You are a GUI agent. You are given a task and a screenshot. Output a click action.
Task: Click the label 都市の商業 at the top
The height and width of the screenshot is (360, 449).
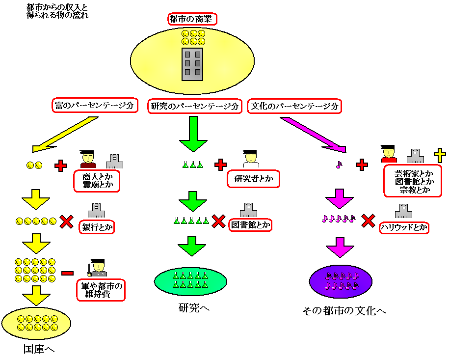point(192,19)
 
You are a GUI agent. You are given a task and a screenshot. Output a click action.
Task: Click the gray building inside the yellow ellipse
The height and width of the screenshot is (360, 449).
point(192,64)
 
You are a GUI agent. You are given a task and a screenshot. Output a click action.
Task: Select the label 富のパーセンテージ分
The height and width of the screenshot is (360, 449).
point(94,106)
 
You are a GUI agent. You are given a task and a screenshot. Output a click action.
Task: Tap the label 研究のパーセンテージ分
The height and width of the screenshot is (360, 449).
point(195,106)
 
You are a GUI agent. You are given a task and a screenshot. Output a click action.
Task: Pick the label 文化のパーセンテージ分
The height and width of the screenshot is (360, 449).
point(295,106)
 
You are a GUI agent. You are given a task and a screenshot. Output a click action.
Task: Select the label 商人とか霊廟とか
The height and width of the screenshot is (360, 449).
point(97,181)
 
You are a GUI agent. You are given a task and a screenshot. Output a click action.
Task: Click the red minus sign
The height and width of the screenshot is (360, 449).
point(68,273)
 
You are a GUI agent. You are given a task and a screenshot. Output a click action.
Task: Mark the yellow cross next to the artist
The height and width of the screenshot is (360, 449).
point(439,155)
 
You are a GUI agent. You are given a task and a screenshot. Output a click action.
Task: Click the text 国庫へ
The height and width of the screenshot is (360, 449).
point(39,349)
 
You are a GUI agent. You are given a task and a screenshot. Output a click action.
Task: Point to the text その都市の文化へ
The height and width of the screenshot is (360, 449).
point(345,310)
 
